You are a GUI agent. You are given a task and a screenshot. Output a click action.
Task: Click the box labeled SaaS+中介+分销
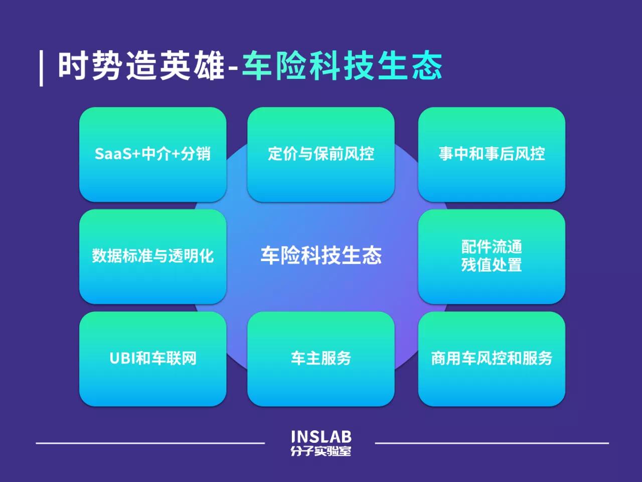[x=152, y=154]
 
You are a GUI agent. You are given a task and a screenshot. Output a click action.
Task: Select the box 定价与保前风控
[x=320, y=154]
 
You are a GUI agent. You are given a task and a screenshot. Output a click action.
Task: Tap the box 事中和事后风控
[x=492, y=154]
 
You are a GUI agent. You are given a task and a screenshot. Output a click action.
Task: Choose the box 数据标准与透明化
[x=152, y=257]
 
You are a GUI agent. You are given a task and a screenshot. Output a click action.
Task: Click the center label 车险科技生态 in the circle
[x=320, y=256]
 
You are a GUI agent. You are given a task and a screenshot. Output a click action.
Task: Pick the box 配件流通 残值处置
[x=492, y=257]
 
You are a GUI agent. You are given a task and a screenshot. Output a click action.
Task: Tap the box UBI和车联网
[x=152, y=359]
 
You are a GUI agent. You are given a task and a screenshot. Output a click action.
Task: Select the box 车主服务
[x=320, y=359]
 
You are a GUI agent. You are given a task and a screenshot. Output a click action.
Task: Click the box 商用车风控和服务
[x=492, y=359]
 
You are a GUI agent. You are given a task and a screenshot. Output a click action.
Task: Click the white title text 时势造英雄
[x=141, y=66]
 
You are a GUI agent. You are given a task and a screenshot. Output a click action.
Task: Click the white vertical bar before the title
[x=42, y=68]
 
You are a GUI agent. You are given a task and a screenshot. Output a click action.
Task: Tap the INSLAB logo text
[x=321, y=437]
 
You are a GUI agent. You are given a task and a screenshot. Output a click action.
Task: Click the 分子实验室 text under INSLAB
[x=321, y=451]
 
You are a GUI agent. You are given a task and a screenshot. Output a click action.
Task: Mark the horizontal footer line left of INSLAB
[x=150, y=443]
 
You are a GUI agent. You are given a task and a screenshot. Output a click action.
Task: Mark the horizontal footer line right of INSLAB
[x=492, y=443]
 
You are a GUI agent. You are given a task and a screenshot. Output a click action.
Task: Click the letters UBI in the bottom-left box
[x=122, y=359]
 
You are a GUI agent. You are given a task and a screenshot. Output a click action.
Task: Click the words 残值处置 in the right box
[x=492, y=265]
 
